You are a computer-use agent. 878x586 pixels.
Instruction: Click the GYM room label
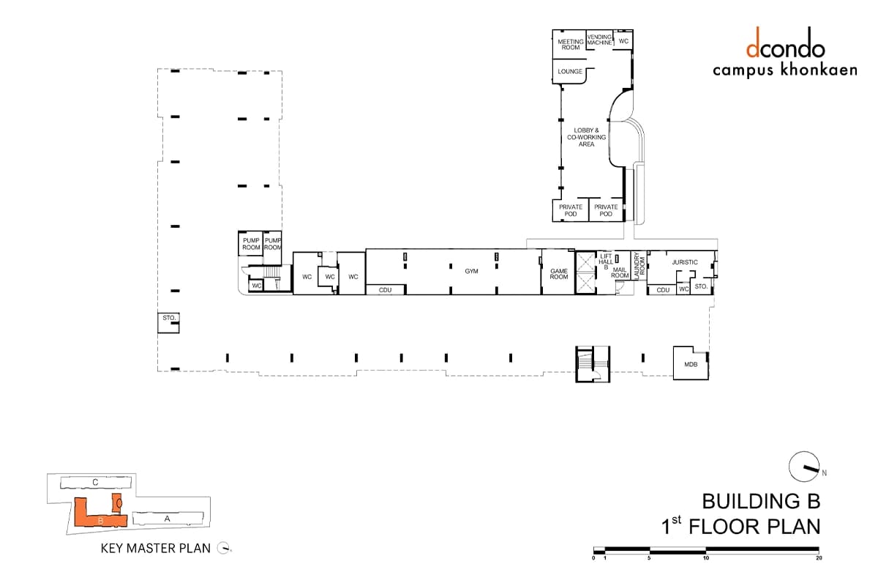tap(471, 271)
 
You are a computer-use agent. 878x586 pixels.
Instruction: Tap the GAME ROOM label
tap(559, 274)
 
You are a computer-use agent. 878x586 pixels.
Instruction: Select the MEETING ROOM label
tap(571, 45)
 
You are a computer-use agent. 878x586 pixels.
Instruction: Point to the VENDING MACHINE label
tap(600, 40)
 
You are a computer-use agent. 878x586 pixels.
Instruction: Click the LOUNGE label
tap(570, 72)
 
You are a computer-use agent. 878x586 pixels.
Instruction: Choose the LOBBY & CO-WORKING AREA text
tap(586, 138)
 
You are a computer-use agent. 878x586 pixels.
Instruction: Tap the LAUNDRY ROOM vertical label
tap(639, 266)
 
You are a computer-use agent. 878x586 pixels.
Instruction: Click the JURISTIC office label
tap(685, 262)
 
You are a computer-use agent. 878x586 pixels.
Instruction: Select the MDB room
tap(691, 363)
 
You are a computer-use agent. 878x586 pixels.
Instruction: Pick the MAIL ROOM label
tap(620, 272)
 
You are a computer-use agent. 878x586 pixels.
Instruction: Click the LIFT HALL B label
tap(606, 262)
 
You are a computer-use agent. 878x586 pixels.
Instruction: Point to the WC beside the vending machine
tap(623, 41)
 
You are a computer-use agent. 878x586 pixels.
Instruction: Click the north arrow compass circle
tap(804, 467)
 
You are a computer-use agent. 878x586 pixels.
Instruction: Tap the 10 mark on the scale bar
tap(706, 557)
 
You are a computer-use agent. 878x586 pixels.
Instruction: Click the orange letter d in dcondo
tap(753, 42)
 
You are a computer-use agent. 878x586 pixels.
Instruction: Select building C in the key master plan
tap(96, 483)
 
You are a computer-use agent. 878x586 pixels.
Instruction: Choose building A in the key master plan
tap(168, 519)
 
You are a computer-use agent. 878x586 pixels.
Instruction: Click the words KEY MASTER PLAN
tap(156, 549)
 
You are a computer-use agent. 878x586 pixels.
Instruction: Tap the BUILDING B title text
tap(761, 501)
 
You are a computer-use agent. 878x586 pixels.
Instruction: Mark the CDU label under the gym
tap(385, 290)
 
